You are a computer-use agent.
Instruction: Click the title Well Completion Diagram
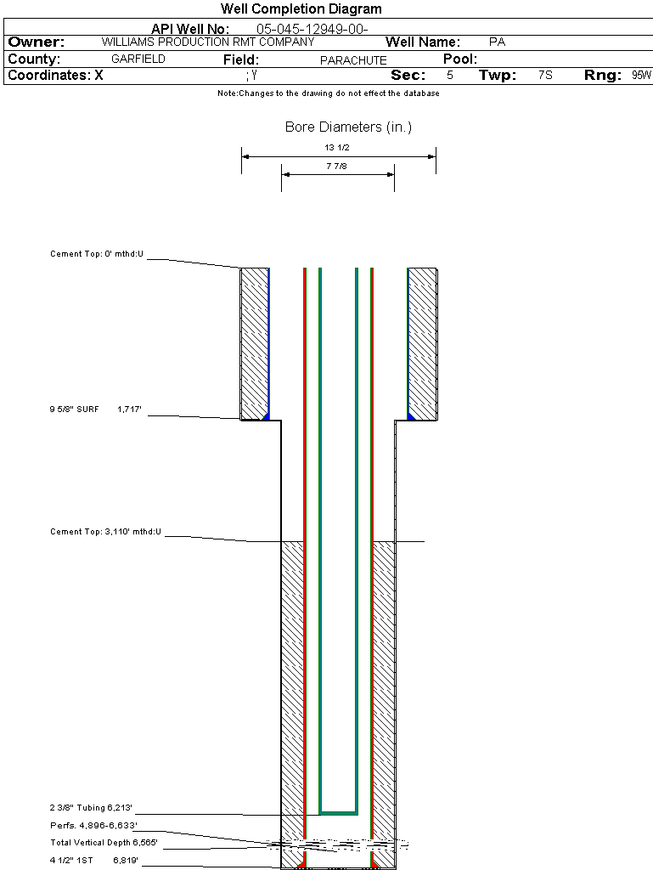(301, 8)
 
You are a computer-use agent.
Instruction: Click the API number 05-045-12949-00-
(312, 29)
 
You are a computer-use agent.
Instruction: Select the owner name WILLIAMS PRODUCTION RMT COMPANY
(208, 42)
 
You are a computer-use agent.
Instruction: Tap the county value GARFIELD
(138, 59)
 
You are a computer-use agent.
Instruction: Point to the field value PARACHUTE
(353, 60)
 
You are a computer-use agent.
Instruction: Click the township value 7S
(545, 75)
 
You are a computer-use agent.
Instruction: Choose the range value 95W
(641, 75)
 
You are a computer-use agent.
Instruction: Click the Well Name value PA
(497, 42)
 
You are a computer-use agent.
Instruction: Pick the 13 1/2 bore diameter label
(337, 147)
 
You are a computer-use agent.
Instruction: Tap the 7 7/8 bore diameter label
(336, 166)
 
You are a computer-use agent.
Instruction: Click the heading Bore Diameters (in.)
(348, 127)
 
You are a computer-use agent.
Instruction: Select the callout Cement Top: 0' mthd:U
(97, 254)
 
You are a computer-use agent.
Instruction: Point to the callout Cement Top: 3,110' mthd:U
(105, 532)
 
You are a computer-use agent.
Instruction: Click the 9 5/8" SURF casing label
(74, 410)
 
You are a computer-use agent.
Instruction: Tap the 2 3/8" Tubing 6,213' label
(91, 808)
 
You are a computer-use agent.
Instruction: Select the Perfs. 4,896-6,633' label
(93, 826)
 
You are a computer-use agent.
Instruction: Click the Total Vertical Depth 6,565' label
(104, 843)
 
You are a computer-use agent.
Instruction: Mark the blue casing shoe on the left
(266, 416)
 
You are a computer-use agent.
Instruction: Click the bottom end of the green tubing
(338, 813)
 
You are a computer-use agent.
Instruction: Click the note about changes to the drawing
(328, 93)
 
